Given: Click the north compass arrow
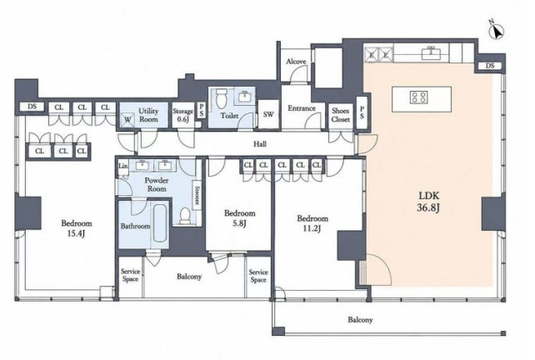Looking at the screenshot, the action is (497, 31).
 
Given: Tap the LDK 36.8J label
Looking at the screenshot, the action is (429, 202).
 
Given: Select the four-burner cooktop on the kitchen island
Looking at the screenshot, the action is (418, 97).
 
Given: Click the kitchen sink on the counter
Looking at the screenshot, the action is (431, 52).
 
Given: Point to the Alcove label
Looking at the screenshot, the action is (296, 62).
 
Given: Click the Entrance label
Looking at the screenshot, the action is (302, 108).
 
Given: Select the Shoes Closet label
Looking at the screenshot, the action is (341, 115).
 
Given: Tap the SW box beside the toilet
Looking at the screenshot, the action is (268, 114).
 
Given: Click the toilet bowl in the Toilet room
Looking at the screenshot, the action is (222, 97).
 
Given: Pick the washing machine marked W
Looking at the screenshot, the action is (127, 119).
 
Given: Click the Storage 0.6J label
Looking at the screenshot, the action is (182, 115).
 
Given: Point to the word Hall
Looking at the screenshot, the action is (260, 144).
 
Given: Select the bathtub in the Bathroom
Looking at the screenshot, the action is (160, 223).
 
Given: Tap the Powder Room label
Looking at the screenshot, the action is (157, 184).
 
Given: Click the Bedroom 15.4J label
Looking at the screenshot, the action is (77, 228).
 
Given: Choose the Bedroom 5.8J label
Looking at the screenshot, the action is (239, 218).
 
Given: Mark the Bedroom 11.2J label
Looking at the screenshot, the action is (312, 222).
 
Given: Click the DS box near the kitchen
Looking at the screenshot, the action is (490, 66).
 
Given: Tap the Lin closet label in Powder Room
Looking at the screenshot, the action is (123, 166).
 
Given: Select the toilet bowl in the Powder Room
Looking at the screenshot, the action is (185, 216).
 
